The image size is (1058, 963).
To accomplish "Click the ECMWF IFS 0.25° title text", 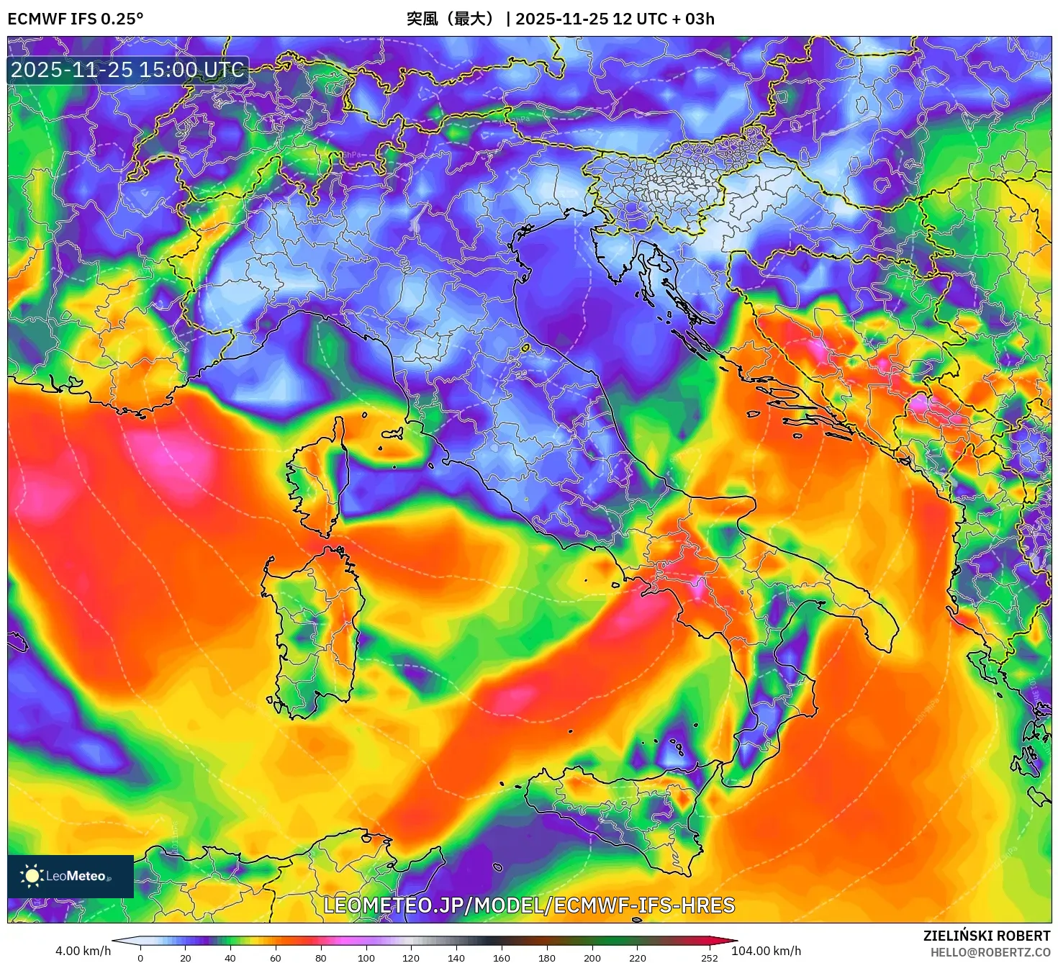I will point(75,19).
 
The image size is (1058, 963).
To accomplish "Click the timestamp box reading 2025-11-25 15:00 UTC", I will point(127,70).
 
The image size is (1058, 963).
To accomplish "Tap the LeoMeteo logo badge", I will point(71,876).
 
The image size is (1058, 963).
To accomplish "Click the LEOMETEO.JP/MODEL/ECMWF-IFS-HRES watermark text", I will point(529,905).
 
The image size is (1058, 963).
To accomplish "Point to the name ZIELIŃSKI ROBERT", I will point(987,936).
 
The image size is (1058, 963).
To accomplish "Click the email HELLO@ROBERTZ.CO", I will point(990,952).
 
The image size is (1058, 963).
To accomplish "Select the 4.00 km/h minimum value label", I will point(83,951).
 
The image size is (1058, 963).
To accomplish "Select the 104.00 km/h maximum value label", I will point(766,951).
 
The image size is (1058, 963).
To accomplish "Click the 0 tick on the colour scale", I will point(140,957).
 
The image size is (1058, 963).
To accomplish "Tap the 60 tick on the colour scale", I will point(276,957).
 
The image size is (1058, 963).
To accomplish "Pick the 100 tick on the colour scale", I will point(366,957).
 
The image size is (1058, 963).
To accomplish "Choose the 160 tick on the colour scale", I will point(502,957).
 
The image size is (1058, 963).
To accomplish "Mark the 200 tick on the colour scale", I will point(592,957).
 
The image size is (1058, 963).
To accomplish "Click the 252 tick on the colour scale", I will point(710,957).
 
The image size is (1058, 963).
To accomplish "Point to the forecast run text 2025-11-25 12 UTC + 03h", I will point(615,19).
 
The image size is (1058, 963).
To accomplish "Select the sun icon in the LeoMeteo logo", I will point(32,876).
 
